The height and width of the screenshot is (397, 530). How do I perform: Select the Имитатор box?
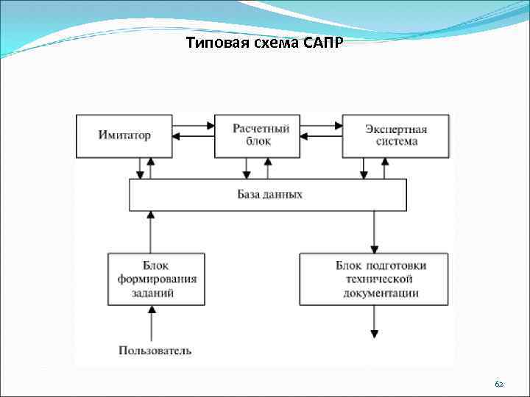(124, 135)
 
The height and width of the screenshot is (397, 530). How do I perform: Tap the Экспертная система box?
(395, 135)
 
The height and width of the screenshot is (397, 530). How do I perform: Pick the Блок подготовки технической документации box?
(374, 279)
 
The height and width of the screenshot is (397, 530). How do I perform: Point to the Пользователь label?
(155, 351)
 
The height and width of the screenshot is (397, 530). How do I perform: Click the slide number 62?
(499, 384)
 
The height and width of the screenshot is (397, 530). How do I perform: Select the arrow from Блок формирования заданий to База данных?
(152, 232)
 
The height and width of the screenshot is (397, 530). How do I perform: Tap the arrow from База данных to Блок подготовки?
(374, 232)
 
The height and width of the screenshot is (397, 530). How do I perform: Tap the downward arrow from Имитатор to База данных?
(140, 168)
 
